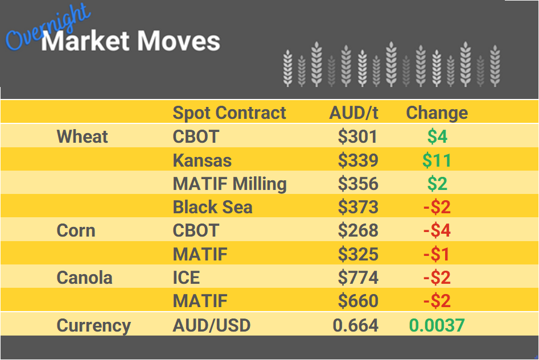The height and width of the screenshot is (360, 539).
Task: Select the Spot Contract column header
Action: [229, 113]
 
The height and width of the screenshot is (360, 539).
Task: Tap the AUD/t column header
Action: [353, 113]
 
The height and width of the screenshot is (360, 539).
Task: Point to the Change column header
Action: [437, 113]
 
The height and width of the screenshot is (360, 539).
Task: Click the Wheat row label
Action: [83, 136]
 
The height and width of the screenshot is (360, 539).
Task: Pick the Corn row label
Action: [76, 231]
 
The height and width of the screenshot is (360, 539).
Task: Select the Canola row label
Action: [84, 278]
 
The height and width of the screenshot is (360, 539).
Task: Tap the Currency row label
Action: [93, 326]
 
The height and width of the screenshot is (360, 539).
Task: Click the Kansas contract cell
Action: [202, 160]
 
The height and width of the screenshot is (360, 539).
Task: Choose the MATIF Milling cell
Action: [229, 184]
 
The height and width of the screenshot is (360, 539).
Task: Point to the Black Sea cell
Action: [212, 208]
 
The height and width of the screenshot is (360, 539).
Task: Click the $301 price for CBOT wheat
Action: [357, 136]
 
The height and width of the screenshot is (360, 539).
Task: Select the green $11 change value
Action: [437, 160]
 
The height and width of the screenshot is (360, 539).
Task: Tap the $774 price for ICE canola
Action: [357, 278]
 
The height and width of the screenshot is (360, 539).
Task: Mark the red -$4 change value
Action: [437, 231]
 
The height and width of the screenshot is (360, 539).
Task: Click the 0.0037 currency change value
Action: [437, 326]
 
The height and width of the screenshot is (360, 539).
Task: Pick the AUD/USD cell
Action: [211, 326]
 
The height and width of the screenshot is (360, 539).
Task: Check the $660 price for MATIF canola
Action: [357, 301]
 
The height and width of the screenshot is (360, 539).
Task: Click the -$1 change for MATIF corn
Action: [437, 254]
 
